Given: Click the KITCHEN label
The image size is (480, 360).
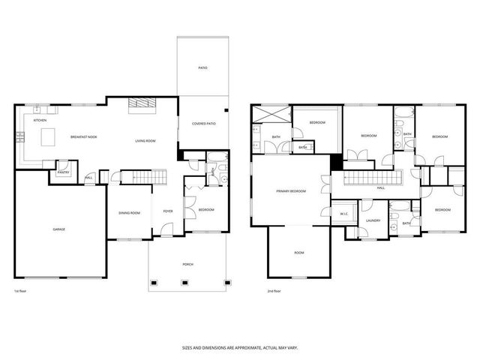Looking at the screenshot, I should [40, 120].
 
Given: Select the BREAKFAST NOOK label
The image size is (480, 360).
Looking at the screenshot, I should [82, 136].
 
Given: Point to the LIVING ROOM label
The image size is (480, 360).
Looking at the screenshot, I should [145, 141].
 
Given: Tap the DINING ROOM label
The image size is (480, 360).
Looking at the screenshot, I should [129, 213].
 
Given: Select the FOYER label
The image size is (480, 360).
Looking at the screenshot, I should [168, 211].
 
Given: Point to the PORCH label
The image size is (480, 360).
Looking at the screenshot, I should [187, 264].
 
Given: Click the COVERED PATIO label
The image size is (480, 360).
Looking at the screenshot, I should [203, 123].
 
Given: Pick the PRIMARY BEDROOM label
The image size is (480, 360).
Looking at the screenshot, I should [291, 191].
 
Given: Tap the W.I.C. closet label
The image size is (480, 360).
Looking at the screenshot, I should [344, 213].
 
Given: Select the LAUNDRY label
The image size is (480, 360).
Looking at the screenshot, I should [373, 220].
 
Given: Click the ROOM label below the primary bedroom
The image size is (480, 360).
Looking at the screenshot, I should [298, 253].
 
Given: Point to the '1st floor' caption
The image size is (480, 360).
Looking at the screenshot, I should [21, 291].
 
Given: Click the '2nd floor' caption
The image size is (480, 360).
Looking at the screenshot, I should [274, 291].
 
